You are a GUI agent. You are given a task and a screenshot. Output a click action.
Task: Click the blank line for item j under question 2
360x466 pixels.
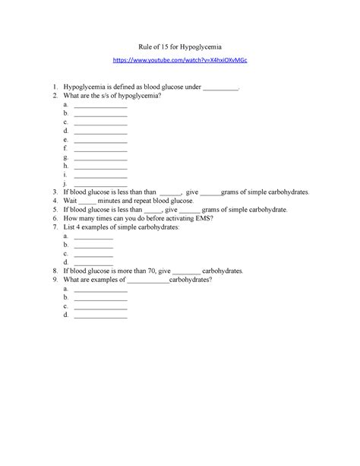tap(100, 184)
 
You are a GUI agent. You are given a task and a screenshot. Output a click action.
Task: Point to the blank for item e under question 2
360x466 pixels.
tap(100, 141)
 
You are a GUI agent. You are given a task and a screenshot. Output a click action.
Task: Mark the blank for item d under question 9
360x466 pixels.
tap(100, 315)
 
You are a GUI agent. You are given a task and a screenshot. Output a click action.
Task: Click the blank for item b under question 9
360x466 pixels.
tap(100, 298)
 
